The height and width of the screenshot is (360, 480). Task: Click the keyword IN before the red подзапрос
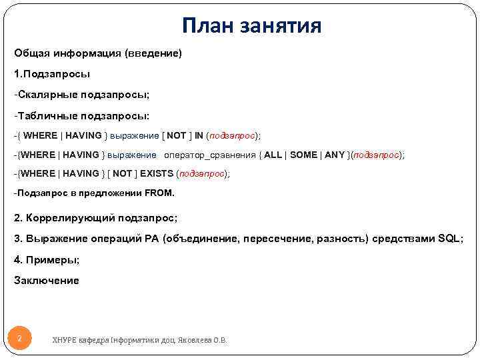[x=199, y=135]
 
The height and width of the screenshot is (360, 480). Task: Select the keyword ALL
[x=273, y=155]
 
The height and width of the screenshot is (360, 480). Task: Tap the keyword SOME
[x=304, y=155]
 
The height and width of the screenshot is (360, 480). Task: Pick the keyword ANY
[x=335, y=155]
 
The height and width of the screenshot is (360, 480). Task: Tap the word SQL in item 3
[x=449, y=238]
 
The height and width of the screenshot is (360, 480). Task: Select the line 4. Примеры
[x=47, y=259]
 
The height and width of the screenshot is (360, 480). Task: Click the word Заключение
[x=47, y=281]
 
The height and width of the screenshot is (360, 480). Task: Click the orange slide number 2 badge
[x=20, y=339]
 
